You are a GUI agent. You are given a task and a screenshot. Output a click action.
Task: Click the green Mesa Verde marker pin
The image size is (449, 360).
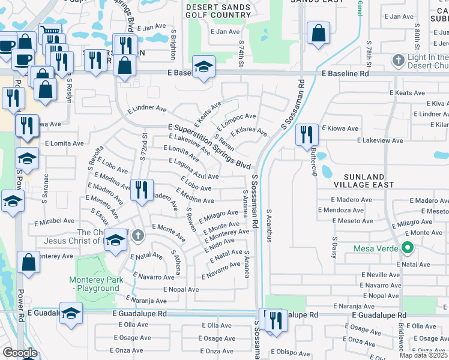coord(407,247)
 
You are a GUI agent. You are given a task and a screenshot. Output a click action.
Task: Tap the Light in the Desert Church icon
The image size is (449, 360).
coord(397,60)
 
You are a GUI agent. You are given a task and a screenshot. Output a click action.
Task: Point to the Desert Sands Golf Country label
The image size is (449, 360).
coord(218,11)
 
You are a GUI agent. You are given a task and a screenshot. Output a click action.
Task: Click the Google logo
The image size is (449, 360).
coord(20,352)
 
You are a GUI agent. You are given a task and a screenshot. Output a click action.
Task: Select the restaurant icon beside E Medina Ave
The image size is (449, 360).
coord(141,190)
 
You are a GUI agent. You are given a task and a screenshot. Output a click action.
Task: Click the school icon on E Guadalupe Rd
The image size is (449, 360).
coord(71,314)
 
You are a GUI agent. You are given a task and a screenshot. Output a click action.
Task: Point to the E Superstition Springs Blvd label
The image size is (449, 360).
coord(209,146)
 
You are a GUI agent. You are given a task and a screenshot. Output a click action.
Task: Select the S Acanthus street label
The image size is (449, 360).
coord(270,225)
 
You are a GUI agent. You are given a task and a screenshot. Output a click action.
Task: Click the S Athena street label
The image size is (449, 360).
coord(176,262)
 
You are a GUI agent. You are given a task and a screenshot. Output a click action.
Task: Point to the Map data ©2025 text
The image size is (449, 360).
coord(423,355)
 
